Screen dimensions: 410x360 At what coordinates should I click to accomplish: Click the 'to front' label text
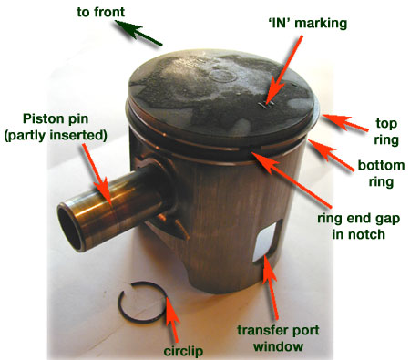coord(100,12)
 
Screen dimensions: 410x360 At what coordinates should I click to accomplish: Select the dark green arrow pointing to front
coord(138,33)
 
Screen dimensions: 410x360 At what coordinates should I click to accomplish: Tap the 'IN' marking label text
coord(308,24)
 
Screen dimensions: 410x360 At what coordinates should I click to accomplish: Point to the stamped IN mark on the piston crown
coord(267,105)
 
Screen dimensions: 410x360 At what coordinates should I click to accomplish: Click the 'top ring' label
coord(386,131)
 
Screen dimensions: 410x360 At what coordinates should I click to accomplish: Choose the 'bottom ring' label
coord(381,173)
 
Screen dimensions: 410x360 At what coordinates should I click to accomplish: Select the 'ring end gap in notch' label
coord(359,226)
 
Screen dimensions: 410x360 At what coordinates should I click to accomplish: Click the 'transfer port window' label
coord(278,338)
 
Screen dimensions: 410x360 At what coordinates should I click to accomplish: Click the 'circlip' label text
coord(183,351)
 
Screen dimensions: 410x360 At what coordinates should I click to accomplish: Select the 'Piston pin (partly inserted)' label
coord(56,127)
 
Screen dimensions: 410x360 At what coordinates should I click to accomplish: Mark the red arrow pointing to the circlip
coord(171,319)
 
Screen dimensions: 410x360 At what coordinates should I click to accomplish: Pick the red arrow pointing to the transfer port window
coord(271,287)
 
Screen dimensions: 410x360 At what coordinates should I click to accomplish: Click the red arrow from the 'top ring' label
coord(344,122)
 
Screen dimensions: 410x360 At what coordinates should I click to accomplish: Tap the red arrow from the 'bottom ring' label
coord(331,155)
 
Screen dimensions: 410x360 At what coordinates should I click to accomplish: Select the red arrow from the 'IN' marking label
coord(284,70)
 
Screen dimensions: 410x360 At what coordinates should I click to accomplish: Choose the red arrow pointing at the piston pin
coord(97,173)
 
